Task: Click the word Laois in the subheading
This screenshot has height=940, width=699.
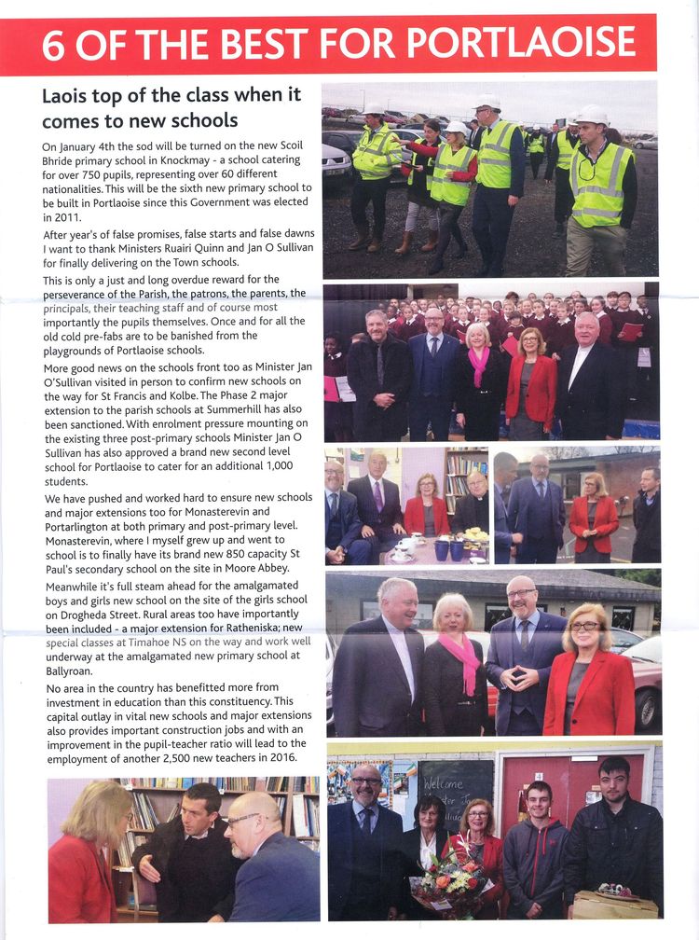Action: pos(67,96)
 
